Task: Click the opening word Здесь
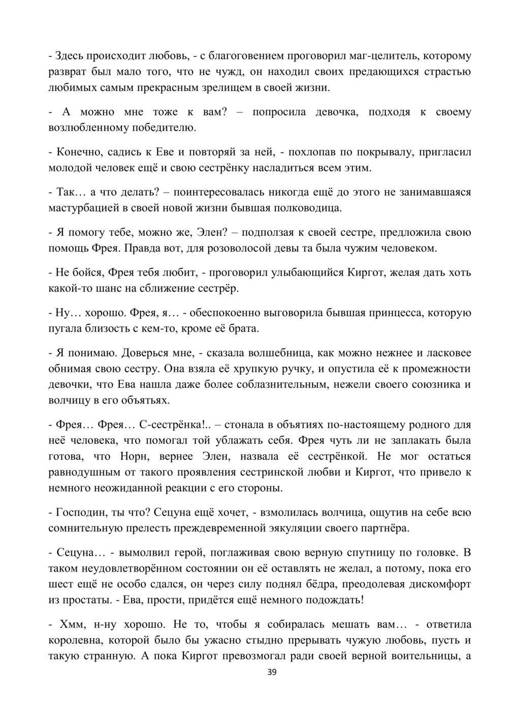[x=70, y=55]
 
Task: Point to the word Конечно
[x=77, y=152]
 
